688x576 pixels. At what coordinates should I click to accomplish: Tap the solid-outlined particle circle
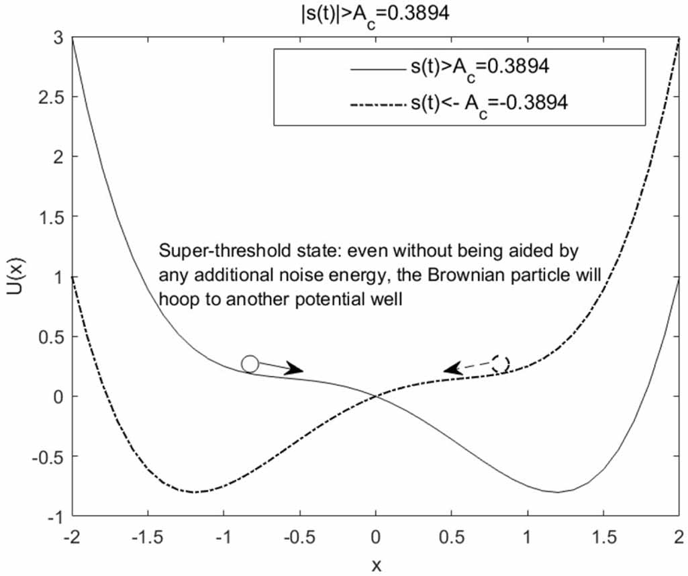coord(250,364)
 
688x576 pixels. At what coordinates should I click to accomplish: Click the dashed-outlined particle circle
coord(500,363)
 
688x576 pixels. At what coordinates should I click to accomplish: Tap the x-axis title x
coord(376,565)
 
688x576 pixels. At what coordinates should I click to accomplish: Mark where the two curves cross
coord(376,396)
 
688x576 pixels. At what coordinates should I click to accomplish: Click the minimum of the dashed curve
coord(194,492)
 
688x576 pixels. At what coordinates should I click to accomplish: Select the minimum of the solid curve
coord(558,492)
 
